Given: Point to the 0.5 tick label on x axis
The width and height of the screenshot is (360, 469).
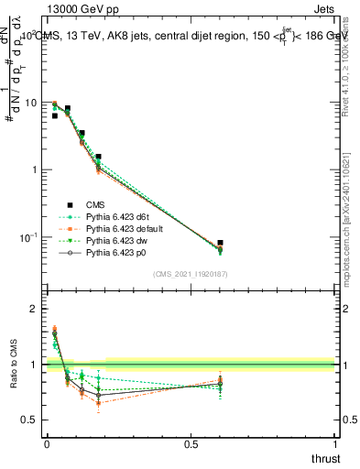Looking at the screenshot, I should pos(191,444).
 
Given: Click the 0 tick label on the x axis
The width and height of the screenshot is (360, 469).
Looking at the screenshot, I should pos(47,444).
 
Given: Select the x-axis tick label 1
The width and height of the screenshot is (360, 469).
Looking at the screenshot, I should pos(334,444).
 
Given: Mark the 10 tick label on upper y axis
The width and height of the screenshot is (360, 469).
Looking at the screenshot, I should pos(30,103).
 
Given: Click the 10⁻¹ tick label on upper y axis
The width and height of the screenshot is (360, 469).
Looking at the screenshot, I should pos(28,237).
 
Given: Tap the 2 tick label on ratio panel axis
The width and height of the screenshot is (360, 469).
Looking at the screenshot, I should pos(35,310).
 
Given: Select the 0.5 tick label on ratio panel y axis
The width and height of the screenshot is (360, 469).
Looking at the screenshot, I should pos(30,420).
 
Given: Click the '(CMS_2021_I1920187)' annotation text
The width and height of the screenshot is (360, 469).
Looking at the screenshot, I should pos(191,273).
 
